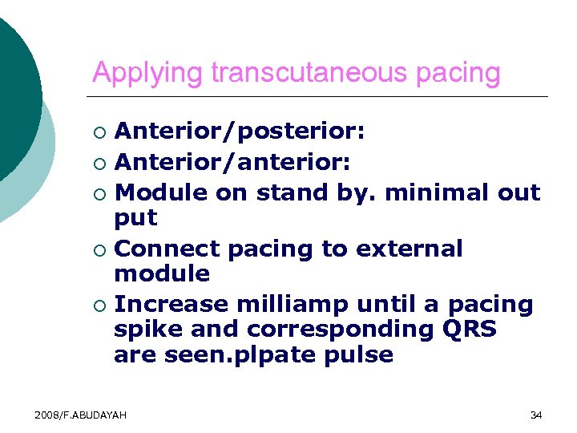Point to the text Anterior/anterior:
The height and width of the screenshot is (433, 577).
click(232, 164)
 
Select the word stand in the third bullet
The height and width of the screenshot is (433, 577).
click(291, 192)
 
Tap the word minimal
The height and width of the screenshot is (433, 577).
click(426, 192)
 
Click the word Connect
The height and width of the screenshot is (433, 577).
click(167, 249)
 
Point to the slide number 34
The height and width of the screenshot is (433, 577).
click(536, 415)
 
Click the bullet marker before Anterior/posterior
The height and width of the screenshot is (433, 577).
click(99, 131)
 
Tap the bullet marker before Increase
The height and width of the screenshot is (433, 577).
click(99, 306)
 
